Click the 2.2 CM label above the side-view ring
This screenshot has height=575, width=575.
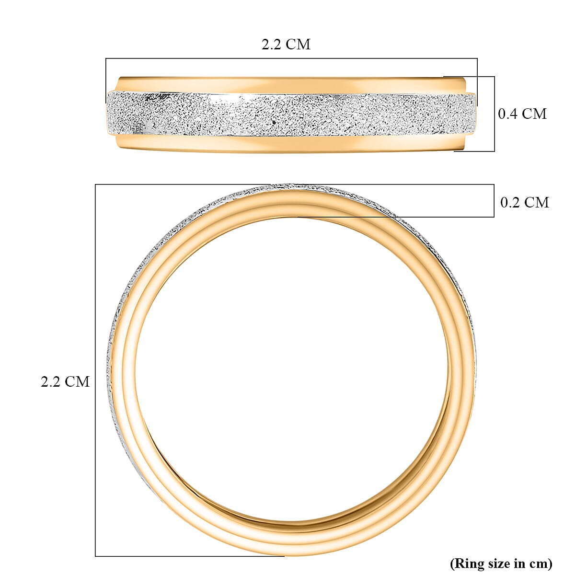click(x=286, y=44)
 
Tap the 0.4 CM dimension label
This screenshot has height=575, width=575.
click(x=522, y=114)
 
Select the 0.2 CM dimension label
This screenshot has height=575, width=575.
click(x=524, y=202)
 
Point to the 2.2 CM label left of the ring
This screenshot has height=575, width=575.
click(x=65, y=381)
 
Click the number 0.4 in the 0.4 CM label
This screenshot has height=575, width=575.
click(x=508, y=114)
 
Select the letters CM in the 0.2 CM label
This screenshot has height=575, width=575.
click(x=537, y=202)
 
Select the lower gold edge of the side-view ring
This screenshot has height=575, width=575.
click(x=287, y=144)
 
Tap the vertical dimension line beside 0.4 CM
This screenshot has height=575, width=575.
click(x=494, y=114)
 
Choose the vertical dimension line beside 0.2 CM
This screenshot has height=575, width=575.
click(x=494, y=201)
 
